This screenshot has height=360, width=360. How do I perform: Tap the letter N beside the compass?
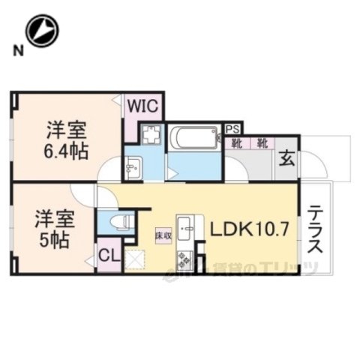16,50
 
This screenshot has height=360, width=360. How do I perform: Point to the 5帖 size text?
52,241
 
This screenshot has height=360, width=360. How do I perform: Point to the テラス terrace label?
316,229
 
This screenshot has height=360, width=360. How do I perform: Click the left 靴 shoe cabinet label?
236,142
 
